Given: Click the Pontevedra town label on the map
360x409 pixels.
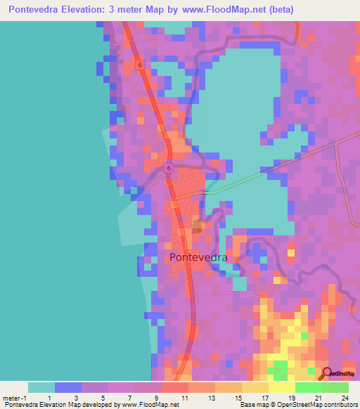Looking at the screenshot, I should (x=199, y=257).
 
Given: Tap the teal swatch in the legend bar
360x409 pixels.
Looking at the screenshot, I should (x=41, y=387).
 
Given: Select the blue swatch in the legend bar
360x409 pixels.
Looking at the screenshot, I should (x=68, y=387).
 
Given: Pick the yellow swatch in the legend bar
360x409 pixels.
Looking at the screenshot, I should (x=282, y=387).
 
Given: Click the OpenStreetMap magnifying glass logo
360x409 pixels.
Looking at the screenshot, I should (x=327, y=374).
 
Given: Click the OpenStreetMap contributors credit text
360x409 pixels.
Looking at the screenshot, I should (x=319, y=405).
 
